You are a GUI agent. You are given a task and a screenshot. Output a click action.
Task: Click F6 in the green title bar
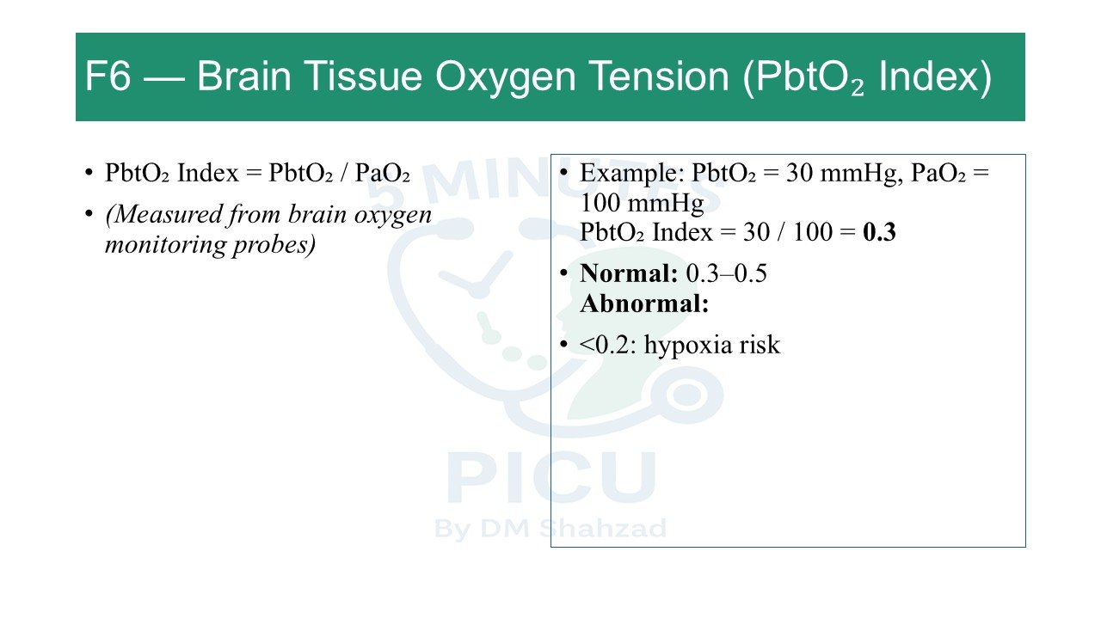coord(108,76)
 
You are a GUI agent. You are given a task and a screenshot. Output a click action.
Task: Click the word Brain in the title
coord(244,76)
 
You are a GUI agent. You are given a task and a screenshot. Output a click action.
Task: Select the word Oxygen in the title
coord(505,78)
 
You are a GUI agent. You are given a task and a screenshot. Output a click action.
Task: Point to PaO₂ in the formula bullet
coord(383,173)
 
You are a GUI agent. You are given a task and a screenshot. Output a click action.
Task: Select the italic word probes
coord(274,245)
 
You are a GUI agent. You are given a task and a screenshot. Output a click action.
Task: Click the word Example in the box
coord(632,174)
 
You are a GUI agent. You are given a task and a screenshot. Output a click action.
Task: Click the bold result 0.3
coord(879,232)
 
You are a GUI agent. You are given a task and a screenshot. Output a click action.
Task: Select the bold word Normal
coord(629,273)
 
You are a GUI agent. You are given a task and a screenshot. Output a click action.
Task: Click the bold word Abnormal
coord(644,303)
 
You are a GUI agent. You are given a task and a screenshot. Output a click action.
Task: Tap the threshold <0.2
coord(608,345)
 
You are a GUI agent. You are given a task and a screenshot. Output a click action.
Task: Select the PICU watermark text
coord(551,477)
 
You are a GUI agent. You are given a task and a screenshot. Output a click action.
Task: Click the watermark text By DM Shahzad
coord(550,529)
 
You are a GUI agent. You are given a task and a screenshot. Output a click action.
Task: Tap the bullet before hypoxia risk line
coord(563,344)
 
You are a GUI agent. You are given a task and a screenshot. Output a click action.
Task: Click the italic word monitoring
coord(165,245)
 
